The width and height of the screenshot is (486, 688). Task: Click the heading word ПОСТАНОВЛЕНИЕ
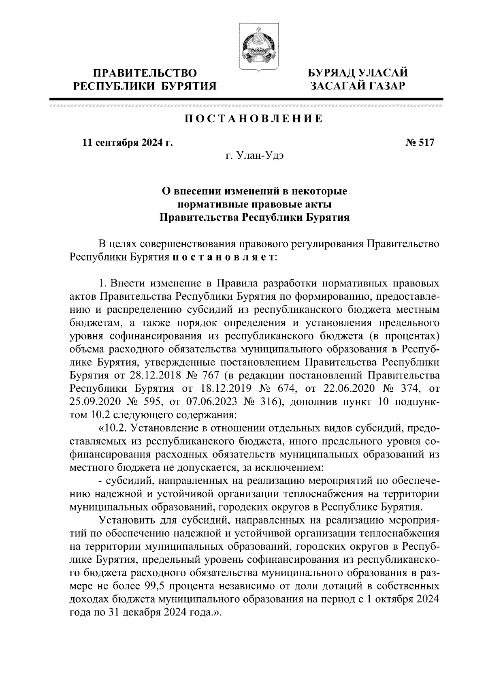(254, 119)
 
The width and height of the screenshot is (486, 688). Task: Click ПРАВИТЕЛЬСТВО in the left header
(145, 73)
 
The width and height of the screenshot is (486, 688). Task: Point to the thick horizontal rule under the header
(246, 99)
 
